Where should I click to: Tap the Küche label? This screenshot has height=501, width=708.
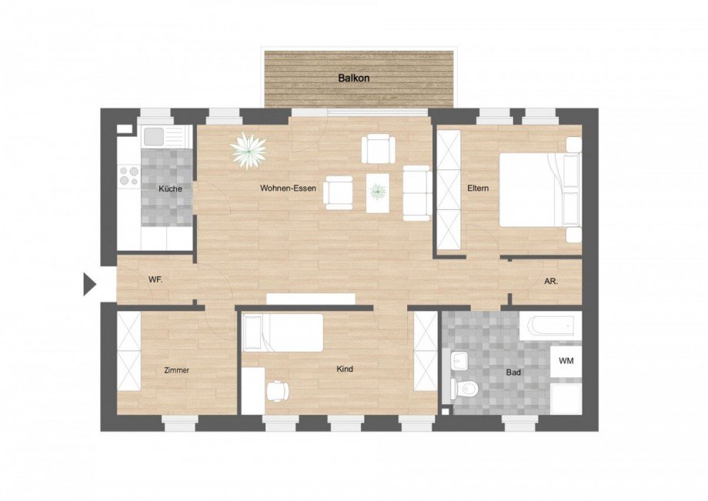[x=171, y=189]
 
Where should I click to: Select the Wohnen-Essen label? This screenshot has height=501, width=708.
[x=288, y=189]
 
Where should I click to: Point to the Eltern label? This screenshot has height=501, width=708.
[x=478, y=188]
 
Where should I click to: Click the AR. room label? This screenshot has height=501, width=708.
[x=551, y=282]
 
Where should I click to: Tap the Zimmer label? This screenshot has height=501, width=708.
[x=176, y=370]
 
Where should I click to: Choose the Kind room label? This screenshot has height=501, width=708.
[x=345, y=369]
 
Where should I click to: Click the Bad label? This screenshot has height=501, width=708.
[x=513, y=372]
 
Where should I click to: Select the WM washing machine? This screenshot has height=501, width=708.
[x=566, y=361]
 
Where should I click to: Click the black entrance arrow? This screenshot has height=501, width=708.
[x=88, y=284]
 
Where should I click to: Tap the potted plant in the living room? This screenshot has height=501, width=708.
[x=249, y=149]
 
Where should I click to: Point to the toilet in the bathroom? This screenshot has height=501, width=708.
[x=464, y=388]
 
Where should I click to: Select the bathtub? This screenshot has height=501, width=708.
[x=550, y=326]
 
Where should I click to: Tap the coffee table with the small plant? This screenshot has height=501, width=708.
[x=378, y=190]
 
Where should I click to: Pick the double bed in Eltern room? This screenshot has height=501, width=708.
[x=539, y=189]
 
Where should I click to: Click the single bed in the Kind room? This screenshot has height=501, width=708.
[x=283, y=332]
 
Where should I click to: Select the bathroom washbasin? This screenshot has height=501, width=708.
[x=461, y=360]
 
